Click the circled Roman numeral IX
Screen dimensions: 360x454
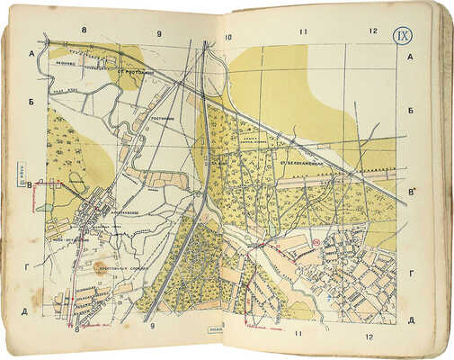tap(404, 37)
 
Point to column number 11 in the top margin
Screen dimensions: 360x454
tap(304, 32)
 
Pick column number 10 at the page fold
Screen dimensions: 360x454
tap(229, 37)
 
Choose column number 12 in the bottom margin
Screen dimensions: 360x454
tap(369, 337)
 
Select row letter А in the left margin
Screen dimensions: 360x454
tap(31, 52)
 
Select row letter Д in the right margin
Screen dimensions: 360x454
tap(410, 320)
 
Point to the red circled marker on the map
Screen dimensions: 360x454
tap(316, 240)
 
